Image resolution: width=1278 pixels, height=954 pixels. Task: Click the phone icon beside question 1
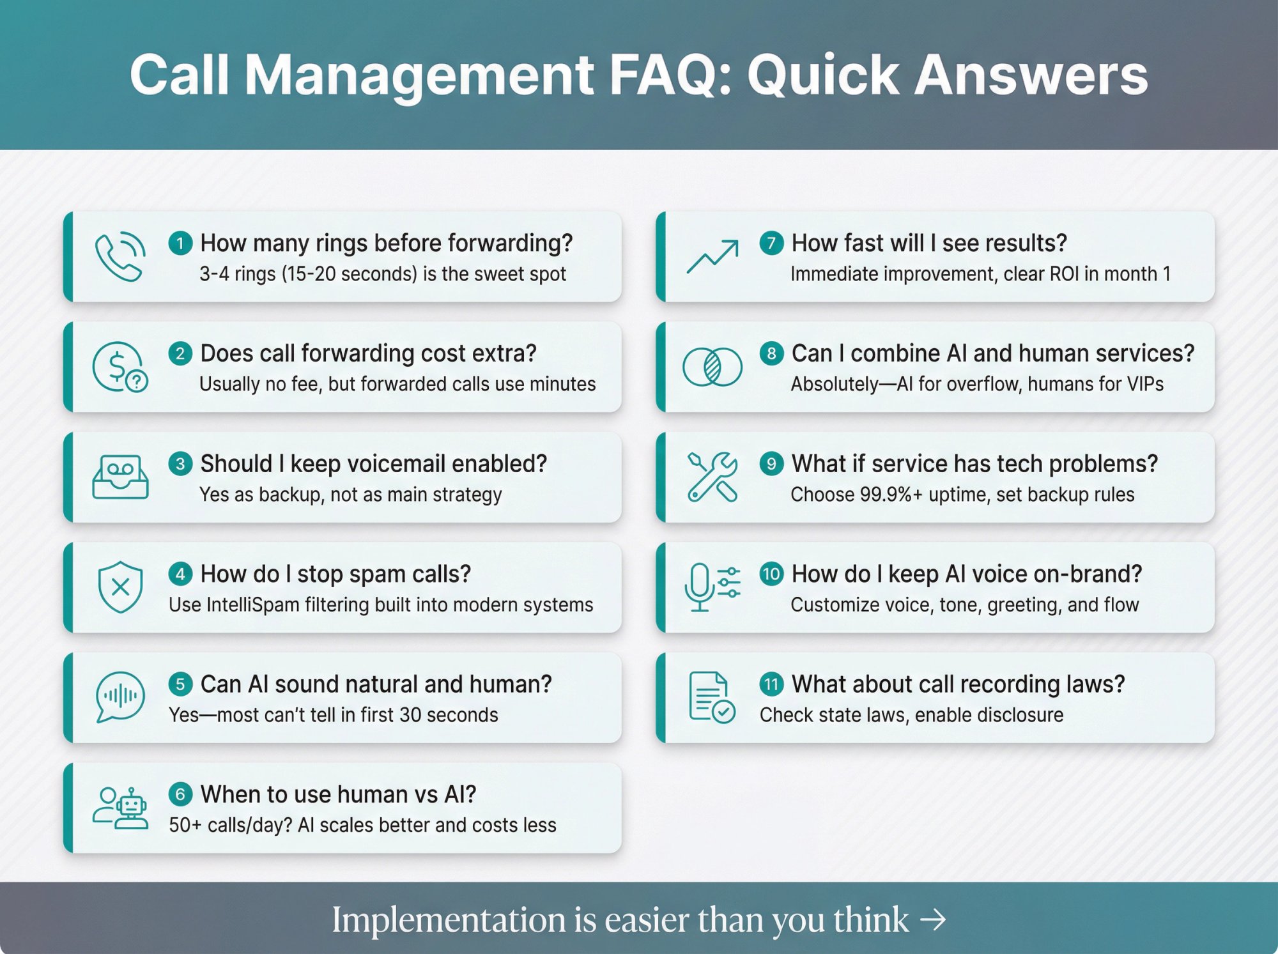click(x=119, y=256)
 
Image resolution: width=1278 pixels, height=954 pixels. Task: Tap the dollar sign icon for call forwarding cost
click(x=119, y=367)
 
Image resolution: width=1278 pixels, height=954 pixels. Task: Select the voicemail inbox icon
click(x=120, y=477)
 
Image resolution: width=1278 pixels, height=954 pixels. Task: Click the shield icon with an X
click(x=120, y=587)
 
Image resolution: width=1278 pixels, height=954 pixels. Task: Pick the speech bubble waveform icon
click(x=120, y=697)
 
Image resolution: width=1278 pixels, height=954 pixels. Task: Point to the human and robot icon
click(x=120, y=808)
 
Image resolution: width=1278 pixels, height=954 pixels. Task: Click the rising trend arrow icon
click(x=712, y=257)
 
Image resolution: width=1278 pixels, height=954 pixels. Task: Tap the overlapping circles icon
click(x=712, y=367)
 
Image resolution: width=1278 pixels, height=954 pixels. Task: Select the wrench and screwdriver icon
click(x=712, y=477)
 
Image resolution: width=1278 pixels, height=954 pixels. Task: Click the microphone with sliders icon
click(x=712, y=587)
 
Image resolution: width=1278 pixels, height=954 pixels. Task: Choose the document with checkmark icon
click(x=712, y=697)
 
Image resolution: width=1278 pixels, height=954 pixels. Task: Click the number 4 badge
click(x=180, y=574)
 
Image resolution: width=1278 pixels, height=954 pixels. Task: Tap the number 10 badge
click(x=771, y=574)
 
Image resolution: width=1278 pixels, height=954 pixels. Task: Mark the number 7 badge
click(x=771, y=243)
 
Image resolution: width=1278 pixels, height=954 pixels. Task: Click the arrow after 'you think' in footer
click(x=933, y=920)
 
